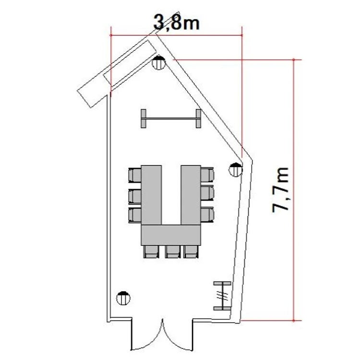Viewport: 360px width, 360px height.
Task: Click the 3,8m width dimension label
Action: (x=176, y=23)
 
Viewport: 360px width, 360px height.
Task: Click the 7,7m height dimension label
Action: (x=280, y=191)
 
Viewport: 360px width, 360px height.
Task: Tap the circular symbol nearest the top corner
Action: (x=159, y=62)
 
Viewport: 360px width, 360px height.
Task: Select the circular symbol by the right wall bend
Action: (x=236, y=169)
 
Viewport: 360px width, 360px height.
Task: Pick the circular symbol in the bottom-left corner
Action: (x=123, y=298)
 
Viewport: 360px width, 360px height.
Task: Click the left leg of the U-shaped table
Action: (x=151, y=195)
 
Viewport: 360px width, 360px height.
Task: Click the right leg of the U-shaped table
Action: (x=191, y=195)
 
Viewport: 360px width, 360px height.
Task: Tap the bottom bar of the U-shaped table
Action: (x=171, y=235)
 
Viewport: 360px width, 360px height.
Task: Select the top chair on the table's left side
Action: (x=135, y=175)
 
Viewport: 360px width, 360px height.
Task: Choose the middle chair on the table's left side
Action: (x=135, y=196)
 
